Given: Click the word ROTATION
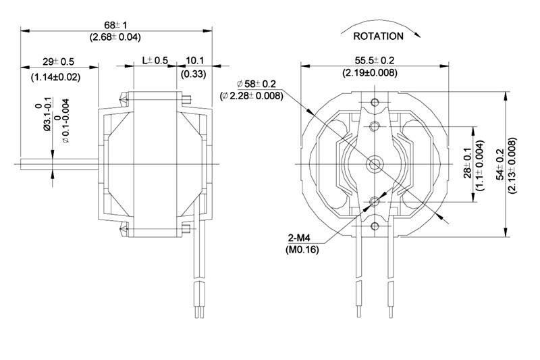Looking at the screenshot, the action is click(x=378, y=36).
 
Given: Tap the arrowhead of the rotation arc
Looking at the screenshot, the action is click(x=417, y=34).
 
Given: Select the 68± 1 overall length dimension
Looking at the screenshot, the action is click(x=115, y=25).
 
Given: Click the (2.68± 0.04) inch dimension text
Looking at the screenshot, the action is click(x=115, y=37).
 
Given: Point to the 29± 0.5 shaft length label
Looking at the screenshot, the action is click(x=59, y=61).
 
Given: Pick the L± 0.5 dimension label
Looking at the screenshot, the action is click(x=155, y=61).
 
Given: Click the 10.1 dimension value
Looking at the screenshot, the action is click(x=195, y=61).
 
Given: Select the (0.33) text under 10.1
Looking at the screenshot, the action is click(x=194, y=74).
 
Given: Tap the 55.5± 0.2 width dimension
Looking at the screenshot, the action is click(x=375, y=60).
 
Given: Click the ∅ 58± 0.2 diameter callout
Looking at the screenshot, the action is click(x=256, y=84).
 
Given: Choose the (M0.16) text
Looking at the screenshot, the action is click(x=302, y=249).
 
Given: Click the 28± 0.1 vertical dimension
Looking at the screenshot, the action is click(x=467, y=163).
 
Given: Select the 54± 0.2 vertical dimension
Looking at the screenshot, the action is click(x=500, y=164).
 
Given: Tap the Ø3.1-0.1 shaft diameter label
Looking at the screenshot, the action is click(x=47, y=114).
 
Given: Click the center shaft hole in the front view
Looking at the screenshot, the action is click(x=375, y=163).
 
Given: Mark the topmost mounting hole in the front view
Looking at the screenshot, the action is click(x=375, y=102).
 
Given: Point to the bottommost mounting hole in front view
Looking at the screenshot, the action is click(x=375, y=226).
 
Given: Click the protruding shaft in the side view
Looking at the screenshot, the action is click(x=59, y=164).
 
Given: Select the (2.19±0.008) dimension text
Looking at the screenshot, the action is click(x=370, y=73).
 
